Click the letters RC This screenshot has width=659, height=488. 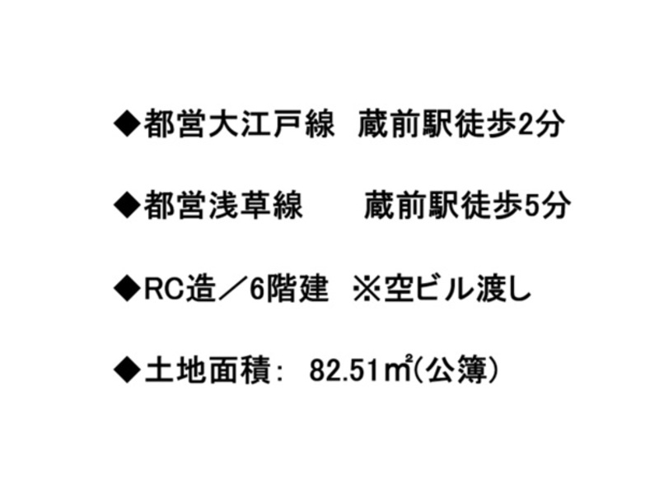pyautogui.click(x=160, y=289)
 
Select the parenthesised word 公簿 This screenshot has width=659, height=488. pyautogui.click(x=456, y=370)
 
